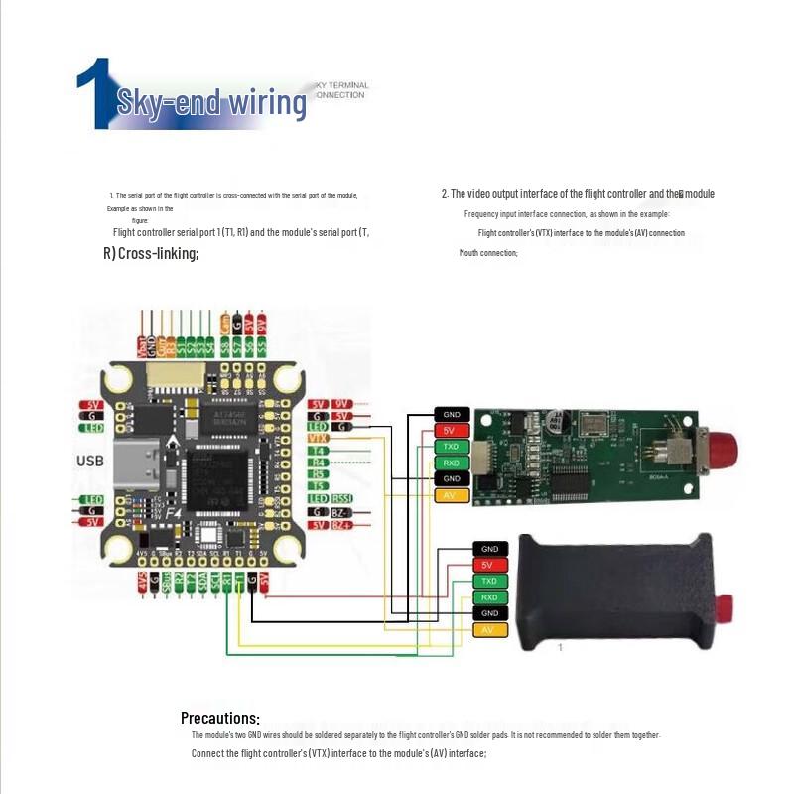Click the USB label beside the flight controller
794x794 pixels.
90,461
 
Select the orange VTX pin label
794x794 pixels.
319,438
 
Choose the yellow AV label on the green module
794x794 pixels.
451,494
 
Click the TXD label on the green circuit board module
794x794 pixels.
451,447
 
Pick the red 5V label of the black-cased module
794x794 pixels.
489,565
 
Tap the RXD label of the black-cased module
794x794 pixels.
489,597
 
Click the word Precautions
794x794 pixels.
220,718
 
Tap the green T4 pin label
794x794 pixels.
319,450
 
